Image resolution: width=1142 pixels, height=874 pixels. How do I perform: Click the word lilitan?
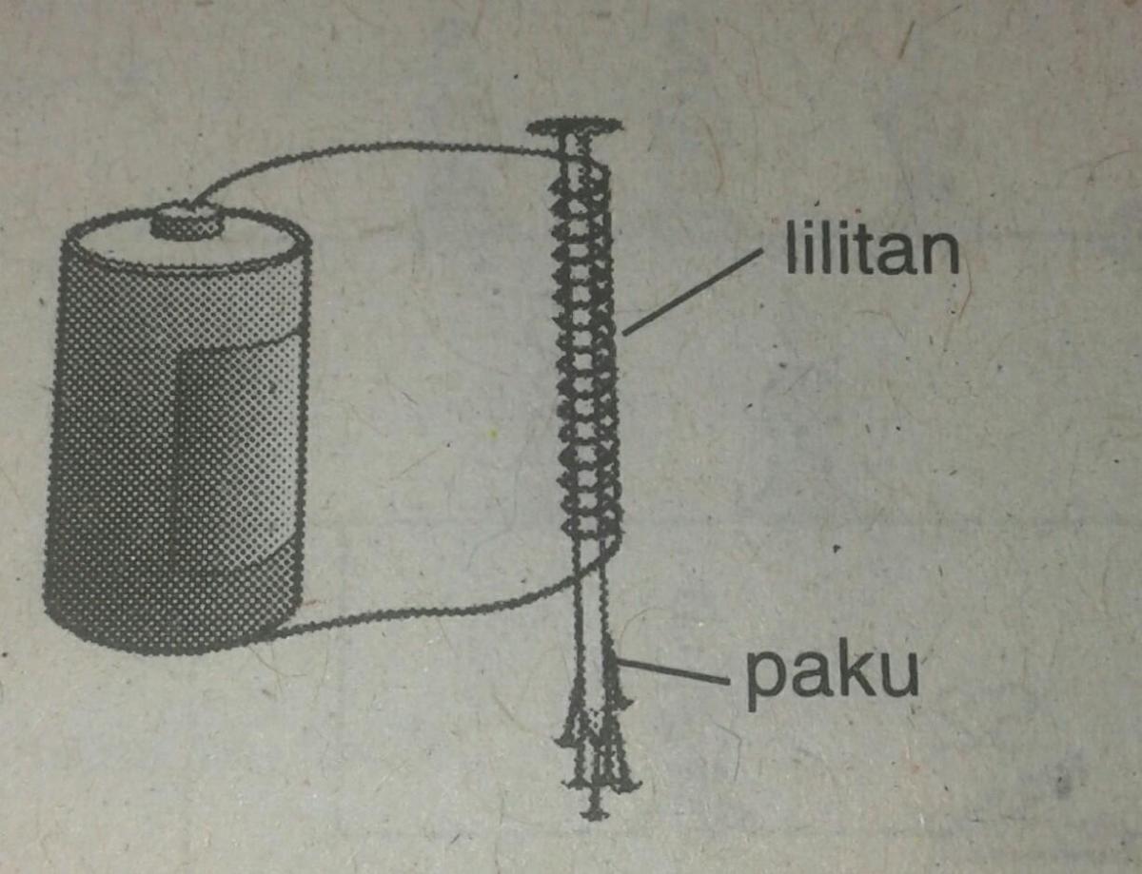(870, 249)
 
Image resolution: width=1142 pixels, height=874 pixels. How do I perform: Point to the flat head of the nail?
(576, 126)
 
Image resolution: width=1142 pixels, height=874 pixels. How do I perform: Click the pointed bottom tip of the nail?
(595, 811)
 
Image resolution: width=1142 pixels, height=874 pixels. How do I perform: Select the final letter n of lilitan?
(936, 255)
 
